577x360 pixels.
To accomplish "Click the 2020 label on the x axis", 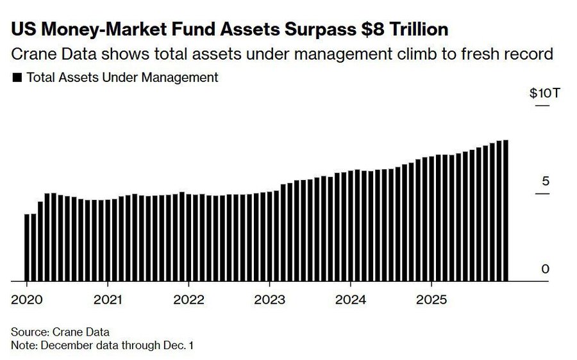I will [26, 299].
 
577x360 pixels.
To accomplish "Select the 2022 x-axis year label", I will [188, 299].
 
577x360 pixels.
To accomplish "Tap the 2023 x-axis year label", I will [269, 299].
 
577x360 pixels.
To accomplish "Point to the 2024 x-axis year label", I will [350, 299].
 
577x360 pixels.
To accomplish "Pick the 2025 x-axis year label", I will [431, 299].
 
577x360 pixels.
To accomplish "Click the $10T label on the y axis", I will [544, 93].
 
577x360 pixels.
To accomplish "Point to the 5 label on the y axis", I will [546, 181].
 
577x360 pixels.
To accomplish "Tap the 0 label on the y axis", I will [546, 269].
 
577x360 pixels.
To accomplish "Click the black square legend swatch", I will [17, 78].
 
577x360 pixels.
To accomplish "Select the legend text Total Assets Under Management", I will [122, 78].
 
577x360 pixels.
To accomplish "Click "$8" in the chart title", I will [362, 29].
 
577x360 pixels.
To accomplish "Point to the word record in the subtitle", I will [528, 54].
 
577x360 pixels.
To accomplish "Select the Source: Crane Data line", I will [60, 332].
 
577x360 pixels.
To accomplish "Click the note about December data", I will [102, 345].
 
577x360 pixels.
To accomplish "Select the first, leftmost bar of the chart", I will [27, 247].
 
